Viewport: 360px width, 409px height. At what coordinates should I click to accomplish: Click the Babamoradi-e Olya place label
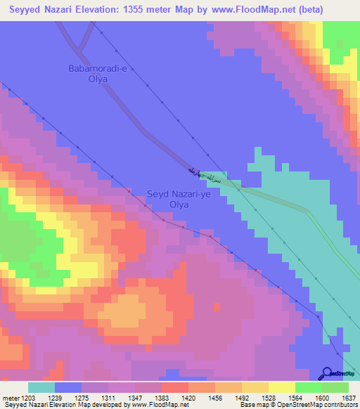(x=98, y=74)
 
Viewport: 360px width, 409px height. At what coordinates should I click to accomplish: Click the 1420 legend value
(x=189, y=398)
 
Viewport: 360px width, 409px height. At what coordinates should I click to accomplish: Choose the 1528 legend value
(x=268, y=398)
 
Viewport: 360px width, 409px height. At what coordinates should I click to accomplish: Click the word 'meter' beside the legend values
(x=11, y=398)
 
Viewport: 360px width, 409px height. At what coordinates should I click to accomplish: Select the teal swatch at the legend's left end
(x=41, y=387)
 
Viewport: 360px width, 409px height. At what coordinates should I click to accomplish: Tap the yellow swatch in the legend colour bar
(x=281, y=387)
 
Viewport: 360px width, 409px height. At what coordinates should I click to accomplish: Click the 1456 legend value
(x=215, y=398)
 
